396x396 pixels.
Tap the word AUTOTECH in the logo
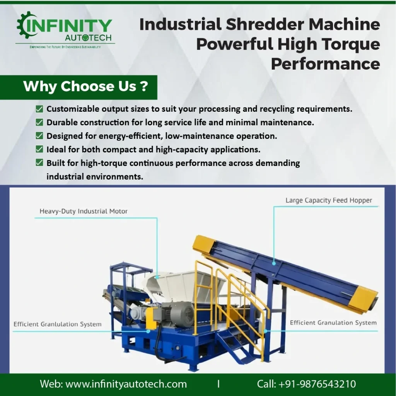(88, 38)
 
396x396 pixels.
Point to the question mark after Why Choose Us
(144, 86)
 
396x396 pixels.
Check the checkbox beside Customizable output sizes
(39, 109)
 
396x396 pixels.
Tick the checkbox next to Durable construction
(39, 123)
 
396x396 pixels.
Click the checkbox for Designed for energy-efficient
(39, 136)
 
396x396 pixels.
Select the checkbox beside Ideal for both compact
(39, 149)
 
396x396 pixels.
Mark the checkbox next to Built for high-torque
(39, 163)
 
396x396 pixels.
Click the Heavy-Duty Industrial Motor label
(84, 211)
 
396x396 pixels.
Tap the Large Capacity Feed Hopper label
(329, 200)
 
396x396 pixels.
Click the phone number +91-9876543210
(317, 384)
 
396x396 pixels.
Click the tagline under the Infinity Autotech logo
(65, 47)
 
